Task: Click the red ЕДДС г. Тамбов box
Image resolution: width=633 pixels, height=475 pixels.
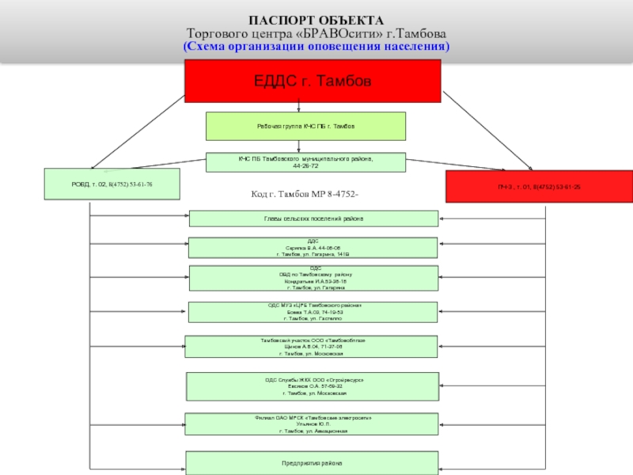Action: coord(313,81)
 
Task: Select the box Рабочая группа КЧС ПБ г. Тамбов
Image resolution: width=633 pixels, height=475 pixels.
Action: coord(305,127)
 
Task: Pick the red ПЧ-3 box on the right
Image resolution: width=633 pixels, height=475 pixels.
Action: coord(539,186)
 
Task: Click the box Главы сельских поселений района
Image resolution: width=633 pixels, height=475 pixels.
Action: coord(313,218)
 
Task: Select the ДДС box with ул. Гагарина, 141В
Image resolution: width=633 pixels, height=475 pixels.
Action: coord(313,247)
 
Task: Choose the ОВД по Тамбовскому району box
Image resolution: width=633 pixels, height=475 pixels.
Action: coord(313,279)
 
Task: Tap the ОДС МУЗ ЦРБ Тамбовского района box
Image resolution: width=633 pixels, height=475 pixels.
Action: coord(313,312)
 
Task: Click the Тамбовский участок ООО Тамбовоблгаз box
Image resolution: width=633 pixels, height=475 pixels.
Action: coord(312,347)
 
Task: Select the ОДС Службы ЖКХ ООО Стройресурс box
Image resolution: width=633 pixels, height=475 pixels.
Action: coord(313,386)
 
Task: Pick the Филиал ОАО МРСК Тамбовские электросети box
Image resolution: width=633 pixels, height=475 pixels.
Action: coord(312,424)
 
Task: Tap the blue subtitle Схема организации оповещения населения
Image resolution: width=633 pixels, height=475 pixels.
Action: coord(316,47)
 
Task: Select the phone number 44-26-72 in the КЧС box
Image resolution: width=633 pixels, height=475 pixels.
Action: coord(305,167)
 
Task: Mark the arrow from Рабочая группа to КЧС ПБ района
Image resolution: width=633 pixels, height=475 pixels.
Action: coord(298,146)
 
